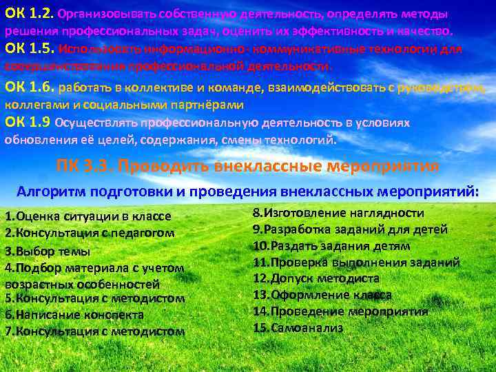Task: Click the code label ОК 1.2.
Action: click(29, 13)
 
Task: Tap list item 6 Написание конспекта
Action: click(74, 315)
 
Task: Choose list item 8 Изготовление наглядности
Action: click(338, 214)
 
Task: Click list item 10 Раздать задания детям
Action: click(331, 246)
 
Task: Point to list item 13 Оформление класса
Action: click(322, 295)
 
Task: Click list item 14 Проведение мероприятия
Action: click(340, 311)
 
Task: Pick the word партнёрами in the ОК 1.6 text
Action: click(206, 105)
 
